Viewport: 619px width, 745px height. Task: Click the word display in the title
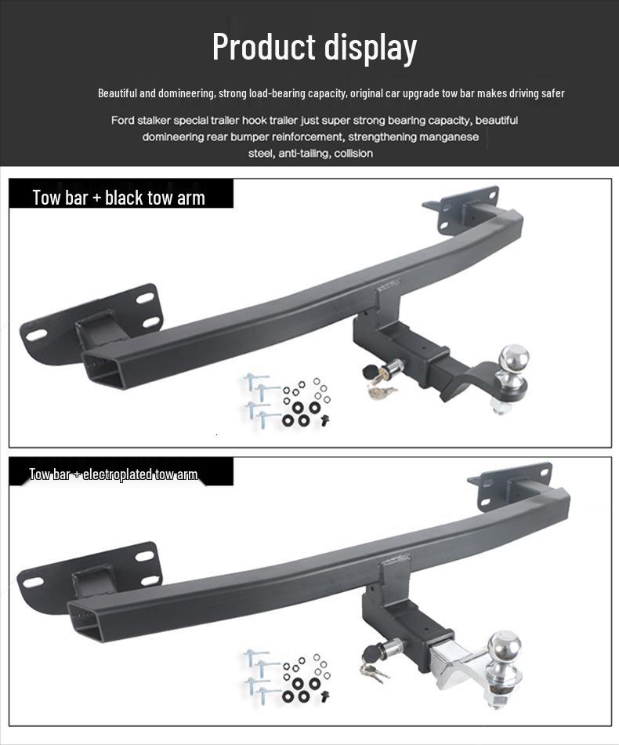click(367, 47)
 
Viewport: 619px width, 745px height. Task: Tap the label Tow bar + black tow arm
click(119, 198)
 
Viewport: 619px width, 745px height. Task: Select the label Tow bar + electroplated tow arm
click(114, 474)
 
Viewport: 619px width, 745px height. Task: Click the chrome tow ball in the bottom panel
click(503, 648)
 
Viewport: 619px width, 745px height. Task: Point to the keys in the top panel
click(382, 389)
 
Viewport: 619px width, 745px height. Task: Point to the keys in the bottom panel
click(374, 670)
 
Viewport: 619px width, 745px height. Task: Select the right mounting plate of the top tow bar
click(462, 209)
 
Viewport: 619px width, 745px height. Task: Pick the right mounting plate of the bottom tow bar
click(513, 485)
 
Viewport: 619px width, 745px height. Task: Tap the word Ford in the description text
click(122, 121)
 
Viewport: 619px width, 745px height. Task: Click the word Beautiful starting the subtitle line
click(117, 93)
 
